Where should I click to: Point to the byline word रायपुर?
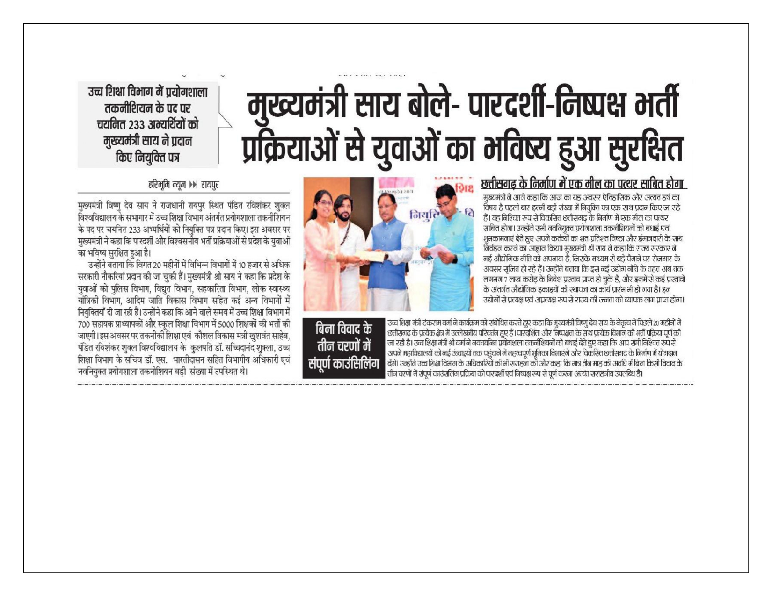click(x=210, y=185)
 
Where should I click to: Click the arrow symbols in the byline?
click(x=192, y=185)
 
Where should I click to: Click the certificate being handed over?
click(x=370, y=256)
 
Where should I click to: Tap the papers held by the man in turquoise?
click(x=438, y=251)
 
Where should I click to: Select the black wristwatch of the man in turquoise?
click(x=455, y=259)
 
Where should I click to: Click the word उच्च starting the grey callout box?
click(x=96, y=92)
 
